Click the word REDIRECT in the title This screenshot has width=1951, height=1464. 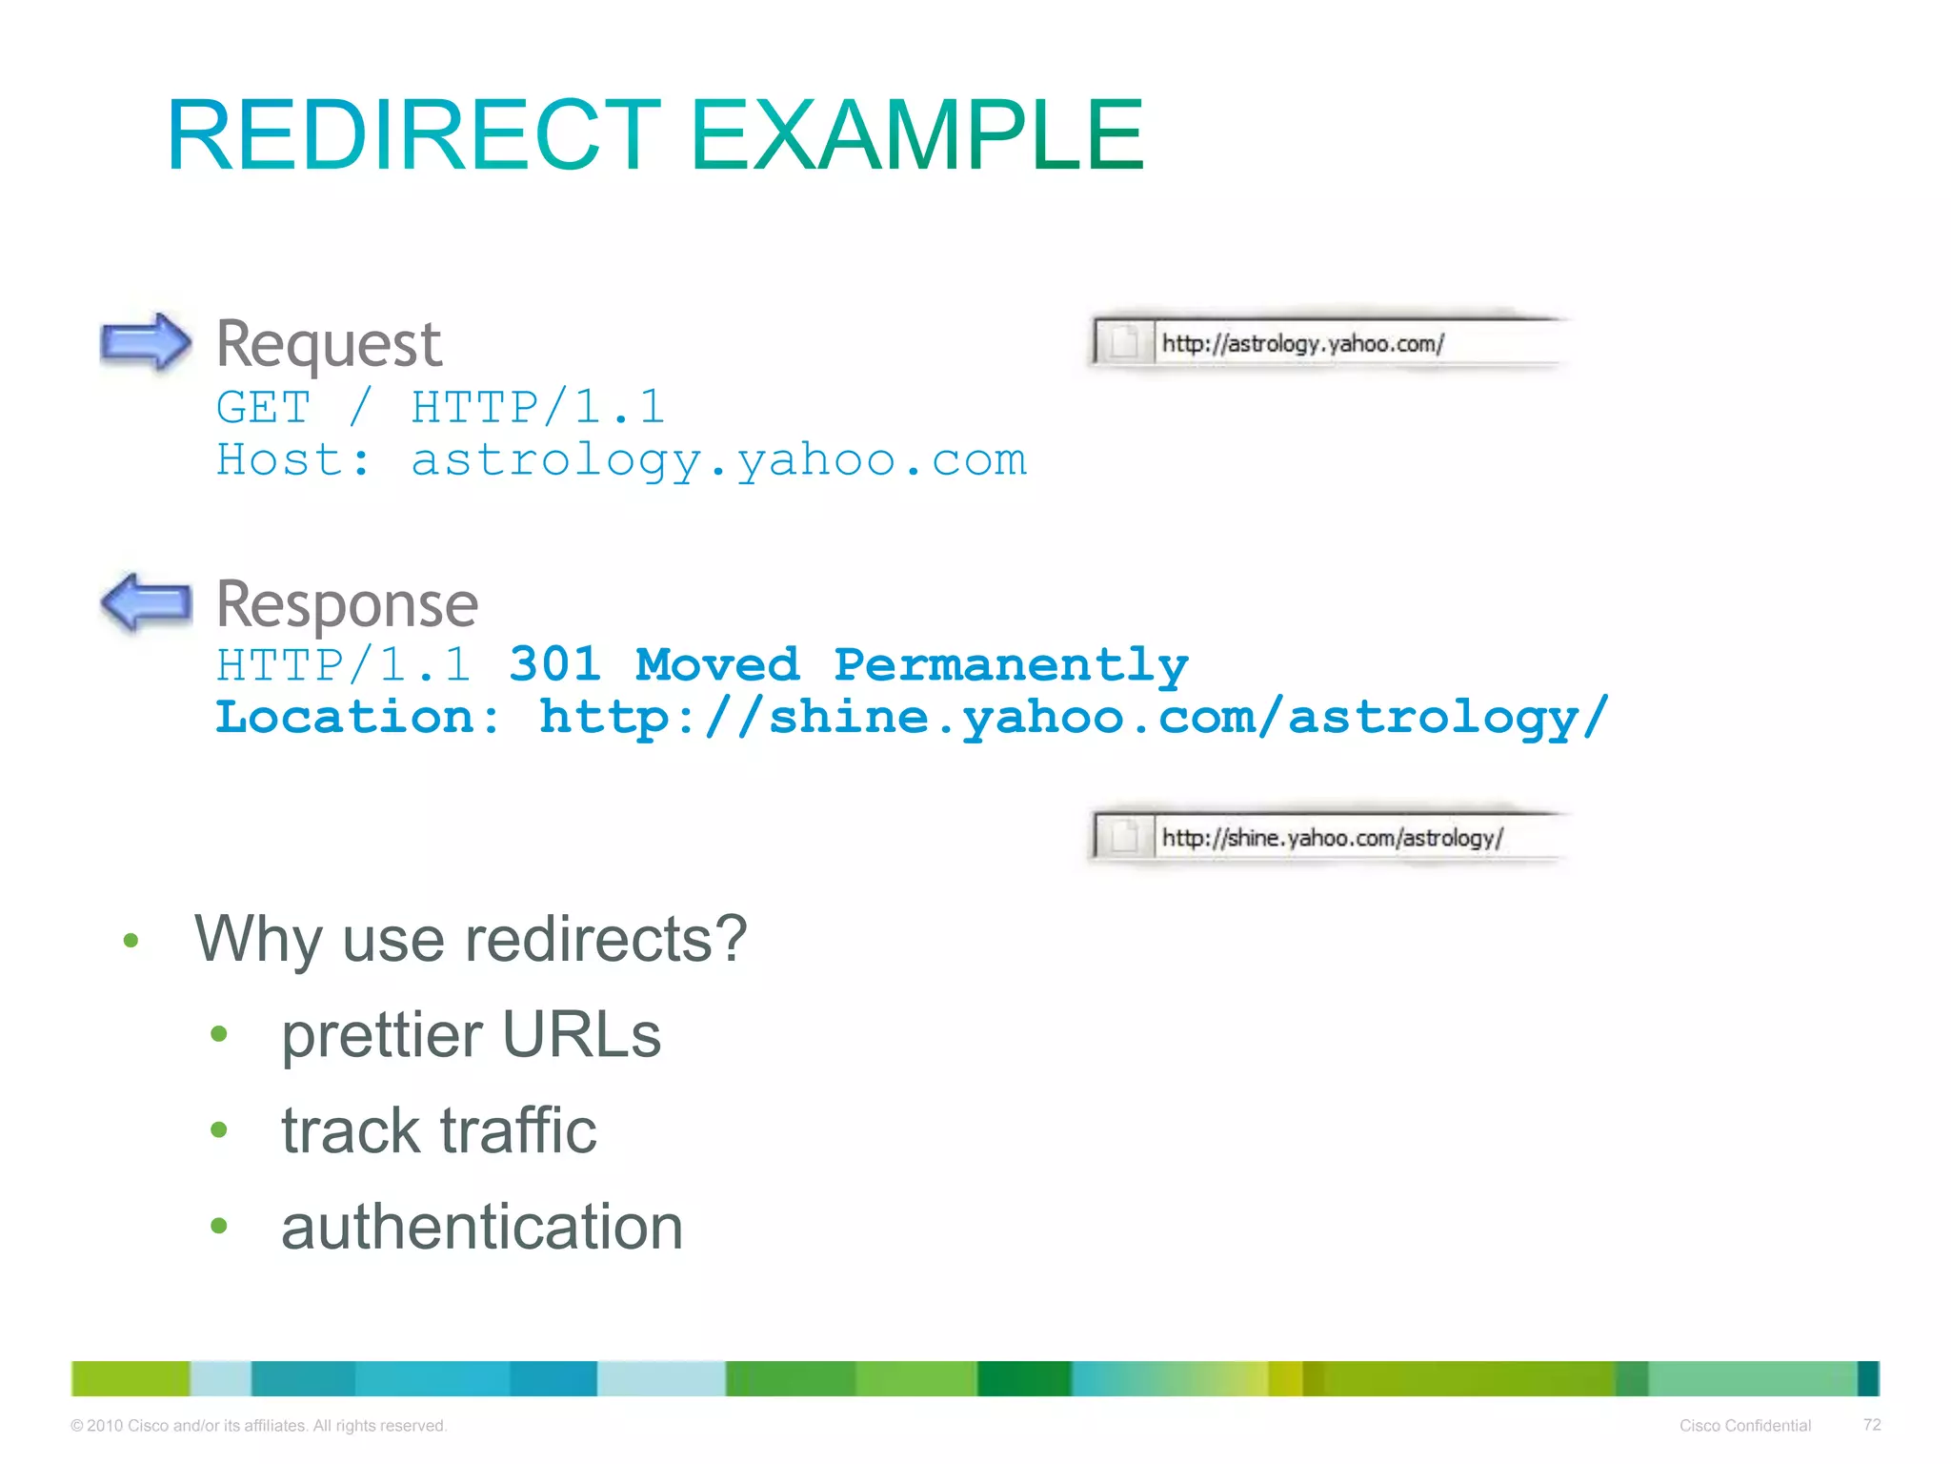[412, 135]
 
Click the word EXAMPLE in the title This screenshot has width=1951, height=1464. [915, 135]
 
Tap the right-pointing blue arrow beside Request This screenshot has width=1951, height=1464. [146, 341]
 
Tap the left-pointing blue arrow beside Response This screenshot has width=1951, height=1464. [146, 601]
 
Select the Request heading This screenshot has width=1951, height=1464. [329, 344]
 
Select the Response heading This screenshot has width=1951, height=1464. [347, 604]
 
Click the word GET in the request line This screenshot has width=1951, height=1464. [263, 408]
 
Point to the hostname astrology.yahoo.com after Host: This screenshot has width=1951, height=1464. [718, 461]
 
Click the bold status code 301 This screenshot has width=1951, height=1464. [554, 664]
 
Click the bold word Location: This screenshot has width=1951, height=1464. [357, 717]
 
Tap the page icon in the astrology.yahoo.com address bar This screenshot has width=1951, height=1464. [1124, 341]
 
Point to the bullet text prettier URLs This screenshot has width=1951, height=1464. [471, 1035]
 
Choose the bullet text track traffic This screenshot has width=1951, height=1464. [438, 1130]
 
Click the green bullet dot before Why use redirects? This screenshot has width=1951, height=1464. [131, 941]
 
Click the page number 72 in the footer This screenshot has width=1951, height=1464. [1871, 1424]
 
